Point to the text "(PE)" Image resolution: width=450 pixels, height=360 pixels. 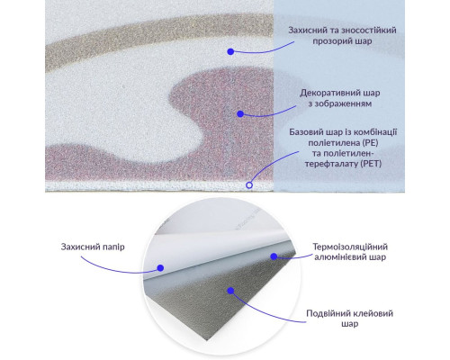click(370, 143)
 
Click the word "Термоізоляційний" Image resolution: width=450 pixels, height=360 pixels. click(350, 247)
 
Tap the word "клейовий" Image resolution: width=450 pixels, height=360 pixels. click(373, 314)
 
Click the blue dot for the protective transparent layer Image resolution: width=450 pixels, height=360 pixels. click(230, 51)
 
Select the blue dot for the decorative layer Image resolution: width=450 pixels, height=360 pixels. click(240, 114)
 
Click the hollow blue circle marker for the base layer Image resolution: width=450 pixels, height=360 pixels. click(249, 185)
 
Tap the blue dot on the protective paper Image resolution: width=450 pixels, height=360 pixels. click(160, 268)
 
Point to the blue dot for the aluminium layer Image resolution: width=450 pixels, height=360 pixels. click(274, 256)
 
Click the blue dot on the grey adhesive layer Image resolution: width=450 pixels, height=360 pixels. click(230, 291)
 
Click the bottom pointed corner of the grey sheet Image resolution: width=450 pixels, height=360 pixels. click(207, 340)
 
